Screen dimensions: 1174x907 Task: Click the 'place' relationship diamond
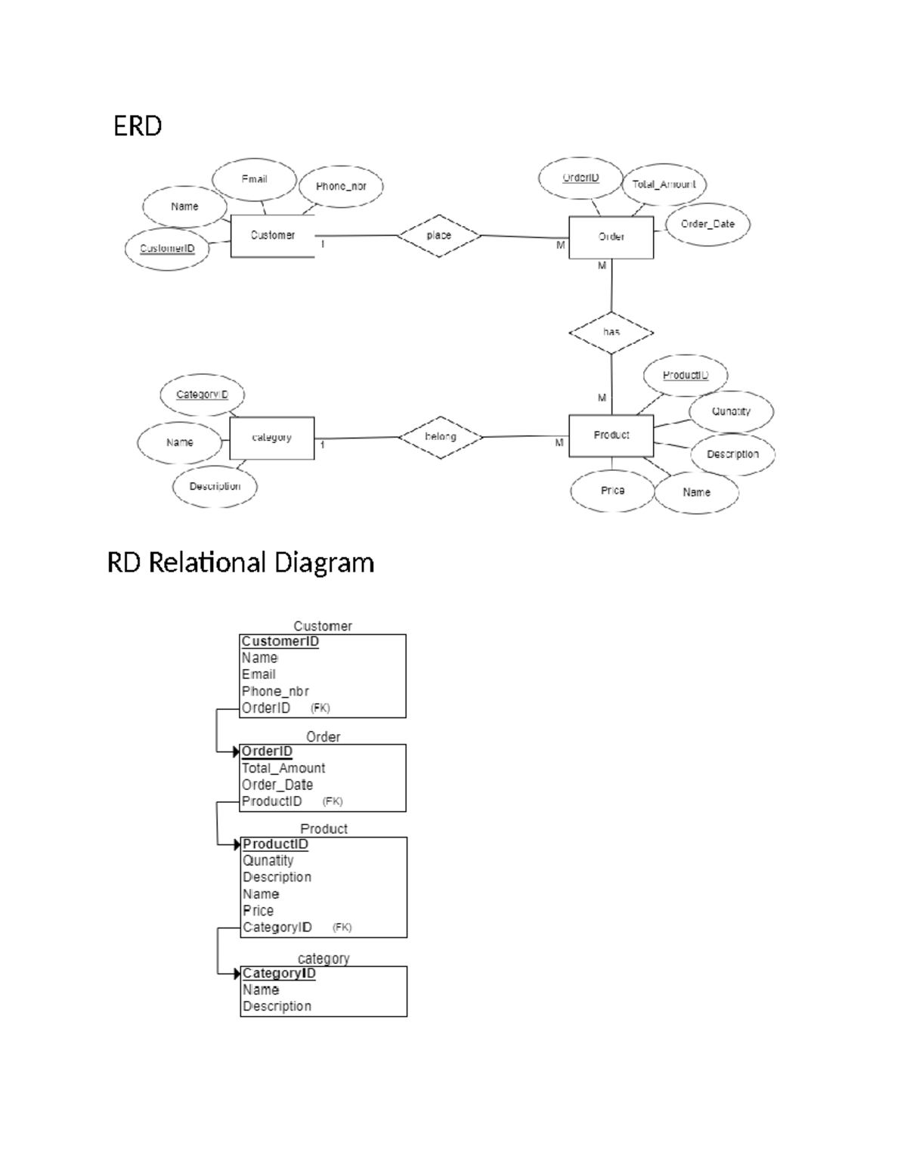[x=439, y=236]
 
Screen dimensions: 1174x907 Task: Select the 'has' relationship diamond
[x=611, y=333]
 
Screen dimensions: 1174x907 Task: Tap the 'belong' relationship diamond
[x=440, y=437]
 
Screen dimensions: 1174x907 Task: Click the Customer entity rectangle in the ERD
[x=272, y=236]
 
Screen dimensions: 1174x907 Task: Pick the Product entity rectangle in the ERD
[x=611, y=435]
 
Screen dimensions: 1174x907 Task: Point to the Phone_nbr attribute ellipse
[x=341, y=186]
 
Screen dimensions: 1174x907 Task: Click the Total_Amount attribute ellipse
[x=664, y=184]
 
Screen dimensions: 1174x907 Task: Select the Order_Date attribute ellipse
[x=707, y=224]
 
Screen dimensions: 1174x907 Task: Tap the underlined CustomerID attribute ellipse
[x=167, y=249]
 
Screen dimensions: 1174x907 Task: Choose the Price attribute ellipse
[x=612, y=491]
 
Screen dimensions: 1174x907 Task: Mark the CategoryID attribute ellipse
[x=202, y=395]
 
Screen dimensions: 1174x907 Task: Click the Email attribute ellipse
[x=254, y=179]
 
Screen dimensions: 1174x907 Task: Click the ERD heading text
[x=138, y=126]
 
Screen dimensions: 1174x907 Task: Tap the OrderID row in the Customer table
[x=266, y=708]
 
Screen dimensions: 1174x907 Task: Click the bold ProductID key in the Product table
[x=275, y=844]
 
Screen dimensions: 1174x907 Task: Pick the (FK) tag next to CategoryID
[x=342, y=928]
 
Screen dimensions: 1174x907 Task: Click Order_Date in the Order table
[x=277, y=785]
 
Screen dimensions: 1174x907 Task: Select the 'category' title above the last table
[x=323, y=959]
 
